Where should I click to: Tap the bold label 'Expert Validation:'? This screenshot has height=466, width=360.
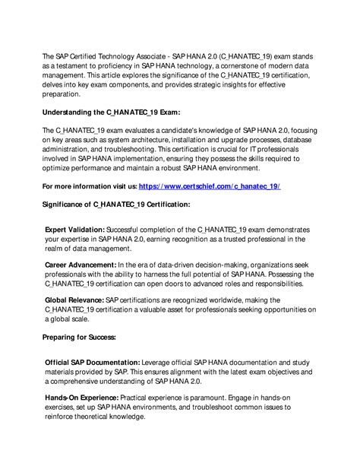pos(74,229)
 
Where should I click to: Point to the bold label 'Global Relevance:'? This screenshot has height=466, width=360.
pos(74,301)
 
